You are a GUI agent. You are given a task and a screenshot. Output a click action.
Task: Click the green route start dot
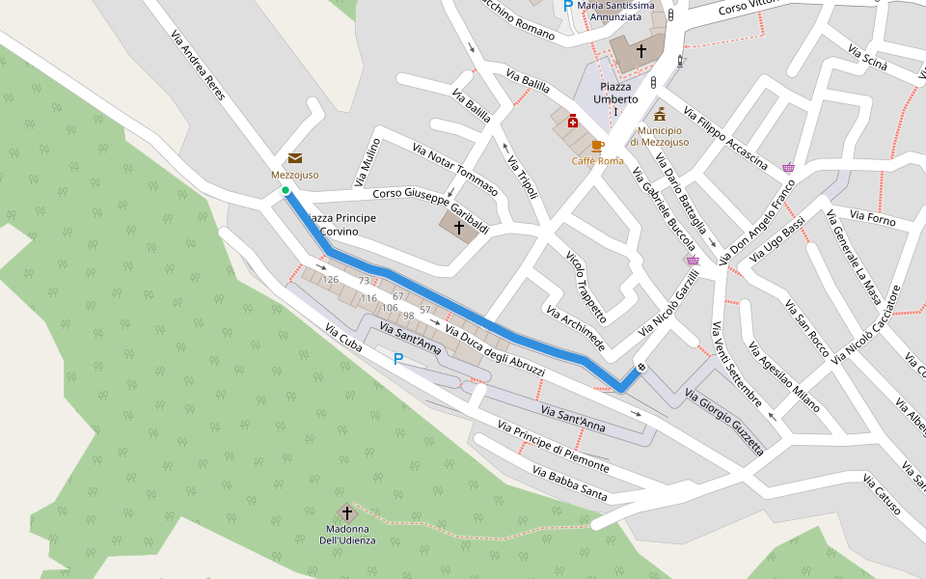pos(286,191)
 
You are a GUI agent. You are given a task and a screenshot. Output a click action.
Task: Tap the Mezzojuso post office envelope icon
pos(294,158)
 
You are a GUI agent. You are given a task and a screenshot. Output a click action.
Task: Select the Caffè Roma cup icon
pos(597,146)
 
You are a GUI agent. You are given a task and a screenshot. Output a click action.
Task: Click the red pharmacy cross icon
pos(572,121)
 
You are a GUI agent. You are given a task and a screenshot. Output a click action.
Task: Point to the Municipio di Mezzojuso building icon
pos(660,115)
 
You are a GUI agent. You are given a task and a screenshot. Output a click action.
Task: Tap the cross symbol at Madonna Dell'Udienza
pos(346,512)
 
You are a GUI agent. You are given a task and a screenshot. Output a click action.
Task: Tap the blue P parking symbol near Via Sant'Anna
pos(397,359)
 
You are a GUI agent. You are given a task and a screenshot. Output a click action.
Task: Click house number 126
pos(330,280)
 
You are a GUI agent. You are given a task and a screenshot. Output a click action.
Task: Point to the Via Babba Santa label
pos(569,482)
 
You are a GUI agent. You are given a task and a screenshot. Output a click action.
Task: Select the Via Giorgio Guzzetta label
pos(723,421)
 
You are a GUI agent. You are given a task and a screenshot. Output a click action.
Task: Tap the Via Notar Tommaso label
pos(454,169)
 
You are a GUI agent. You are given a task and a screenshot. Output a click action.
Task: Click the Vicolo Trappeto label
pos(586,287)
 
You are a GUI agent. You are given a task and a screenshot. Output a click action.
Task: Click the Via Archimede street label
pos(575,329)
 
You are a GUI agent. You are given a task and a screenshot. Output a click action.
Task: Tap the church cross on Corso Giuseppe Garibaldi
pos(458,227)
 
